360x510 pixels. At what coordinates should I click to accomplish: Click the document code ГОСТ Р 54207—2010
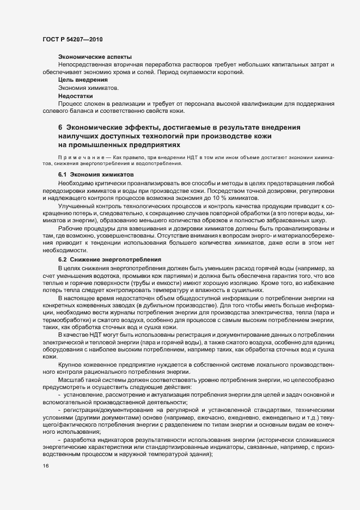click(72, 40)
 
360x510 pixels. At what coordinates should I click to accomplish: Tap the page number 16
click(45, 466)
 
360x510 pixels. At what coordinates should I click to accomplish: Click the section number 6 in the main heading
click(60, 127)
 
